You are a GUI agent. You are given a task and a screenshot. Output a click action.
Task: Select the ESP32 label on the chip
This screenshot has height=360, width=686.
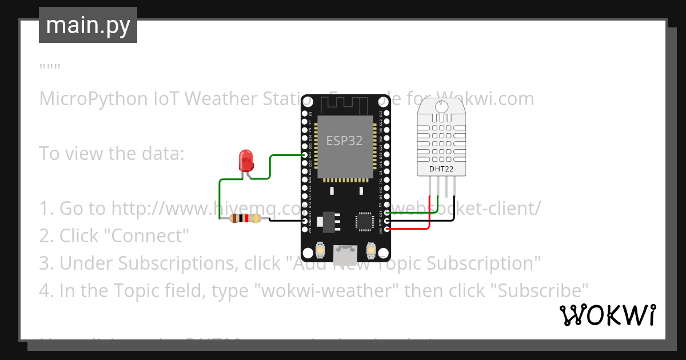click(x=344, y=141)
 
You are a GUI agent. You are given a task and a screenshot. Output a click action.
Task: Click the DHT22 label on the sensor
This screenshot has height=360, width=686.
click(x=441, y=169)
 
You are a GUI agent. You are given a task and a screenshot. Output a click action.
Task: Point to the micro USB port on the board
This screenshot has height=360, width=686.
click(x=345, y=251)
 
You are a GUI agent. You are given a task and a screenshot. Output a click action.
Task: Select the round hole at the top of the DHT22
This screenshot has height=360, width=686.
click(x=441, y=106)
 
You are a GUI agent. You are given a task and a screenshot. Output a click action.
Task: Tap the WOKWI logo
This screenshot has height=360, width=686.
click(x=607, y=315)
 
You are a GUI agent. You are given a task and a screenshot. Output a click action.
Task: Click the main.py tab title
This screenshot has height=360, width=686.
click(x=88, y=25)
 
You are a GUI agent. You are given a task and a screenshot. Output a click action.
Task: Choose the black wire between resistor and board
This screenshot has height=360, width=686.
click(x=283, y=221)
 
